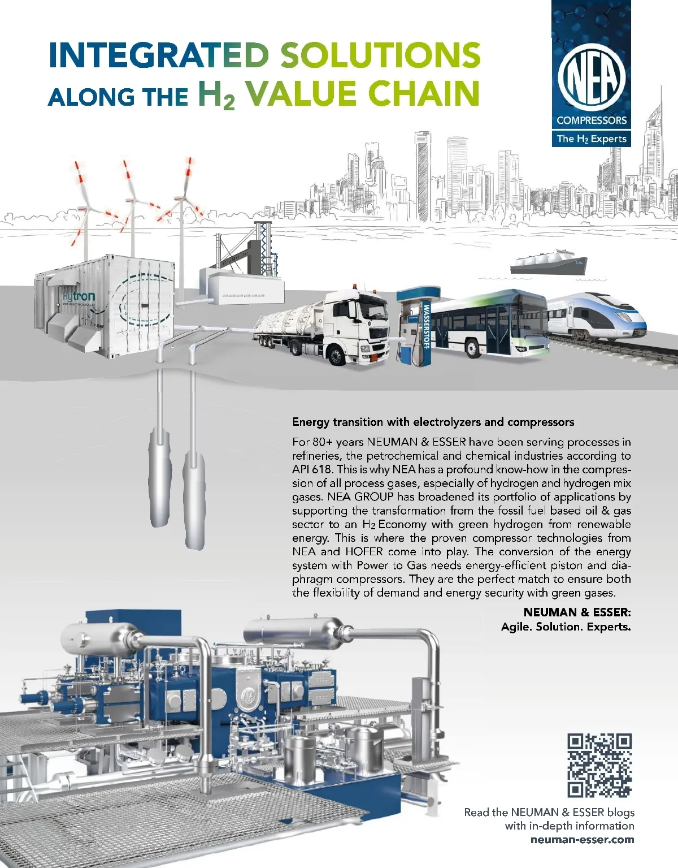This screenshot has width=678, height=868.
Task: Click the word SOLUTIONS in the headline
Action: point(380,55)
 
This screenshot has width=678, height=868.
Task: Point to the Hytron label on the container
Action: point(79,296)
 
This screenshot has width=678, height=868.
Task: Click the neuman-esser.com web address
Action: point(582,840)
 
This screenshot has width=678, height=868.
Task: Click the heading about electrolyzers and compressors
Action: point(433,422)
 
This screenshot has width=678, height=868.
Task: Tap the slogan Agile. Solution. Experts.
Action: point(566,627)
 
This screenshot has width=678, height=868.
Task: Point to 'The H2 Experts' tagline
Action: point(591,139)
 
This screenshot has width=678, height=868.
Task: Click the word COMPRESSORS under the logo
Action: point(591,120)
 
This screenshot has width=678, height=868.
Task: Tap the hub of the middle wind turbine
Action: point(132,200)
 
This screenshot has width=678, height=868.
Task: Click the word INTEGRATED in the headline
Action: point(158,55)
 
